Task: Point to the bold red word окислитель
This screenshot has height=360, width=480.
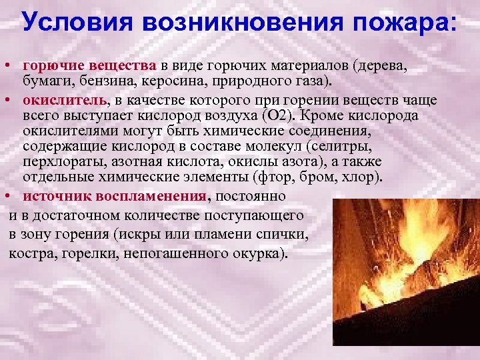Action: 64,100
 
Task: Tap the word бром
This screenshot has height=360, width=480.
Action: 325,177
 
